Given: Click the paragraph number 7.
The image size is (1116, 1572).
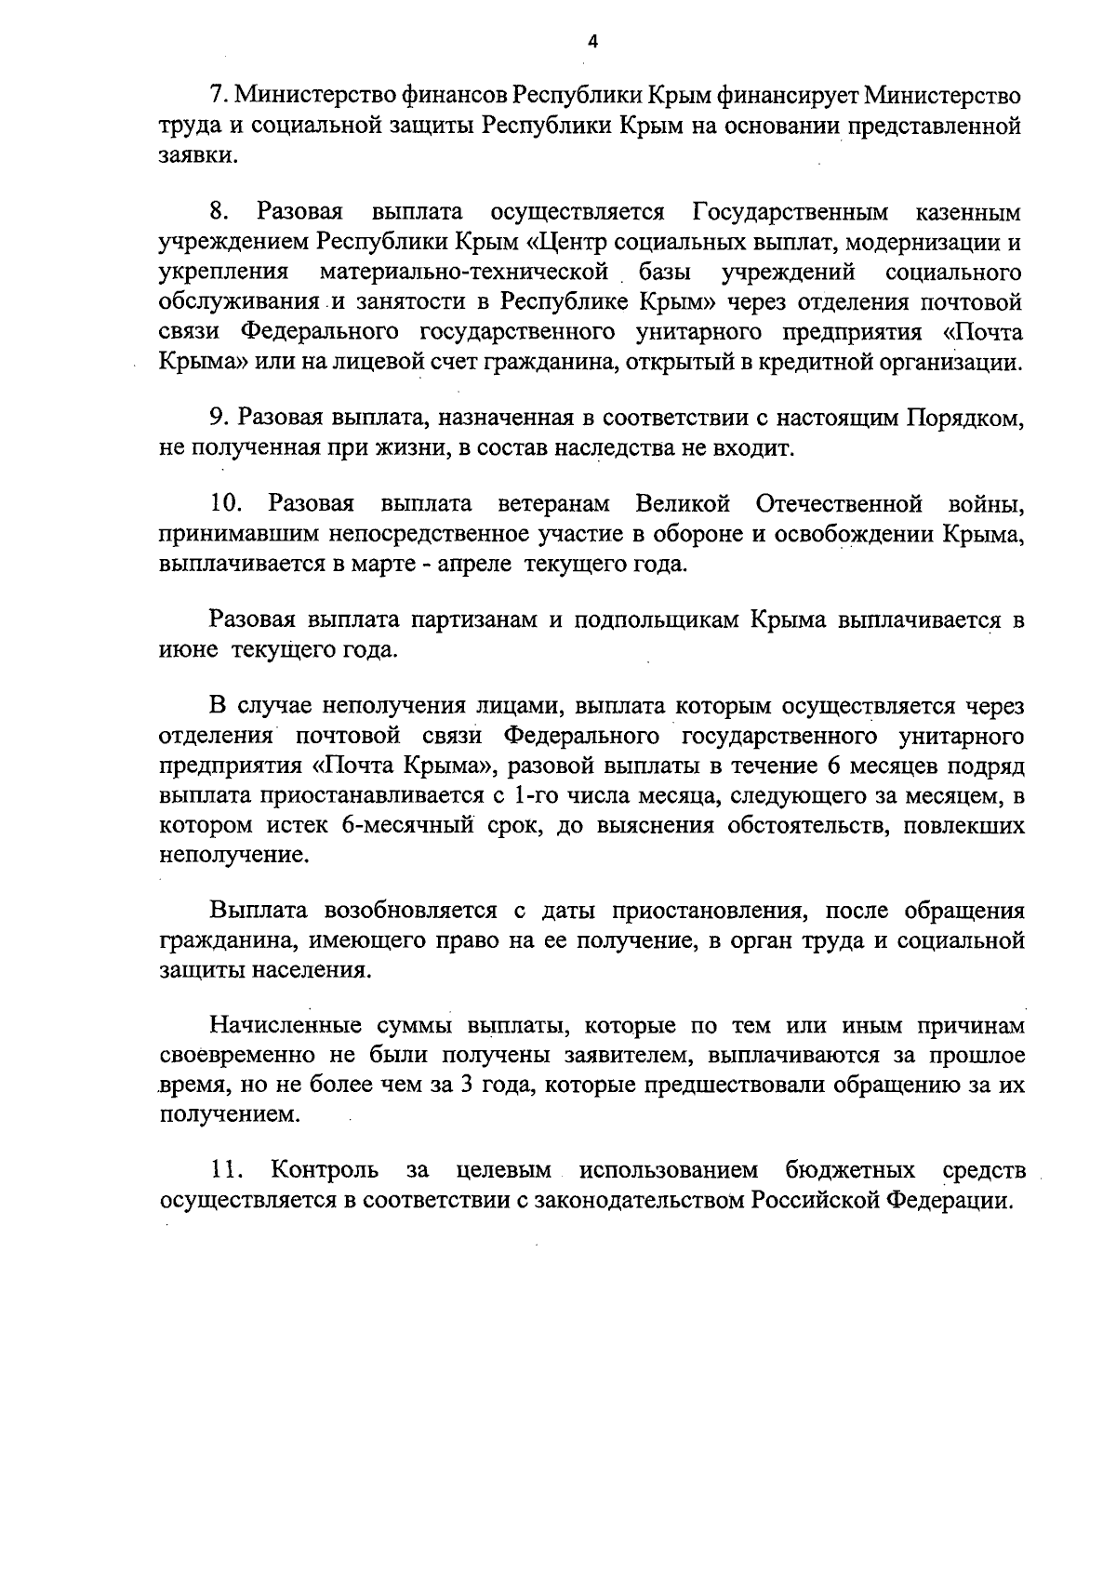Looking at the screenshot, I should tap(217, 95).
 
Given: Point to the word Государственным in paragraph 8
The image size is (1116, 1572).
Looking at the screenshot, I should tap(790, 213).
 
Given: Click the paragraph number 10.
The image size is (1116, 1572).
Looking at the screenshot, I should tap(227, 504).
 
